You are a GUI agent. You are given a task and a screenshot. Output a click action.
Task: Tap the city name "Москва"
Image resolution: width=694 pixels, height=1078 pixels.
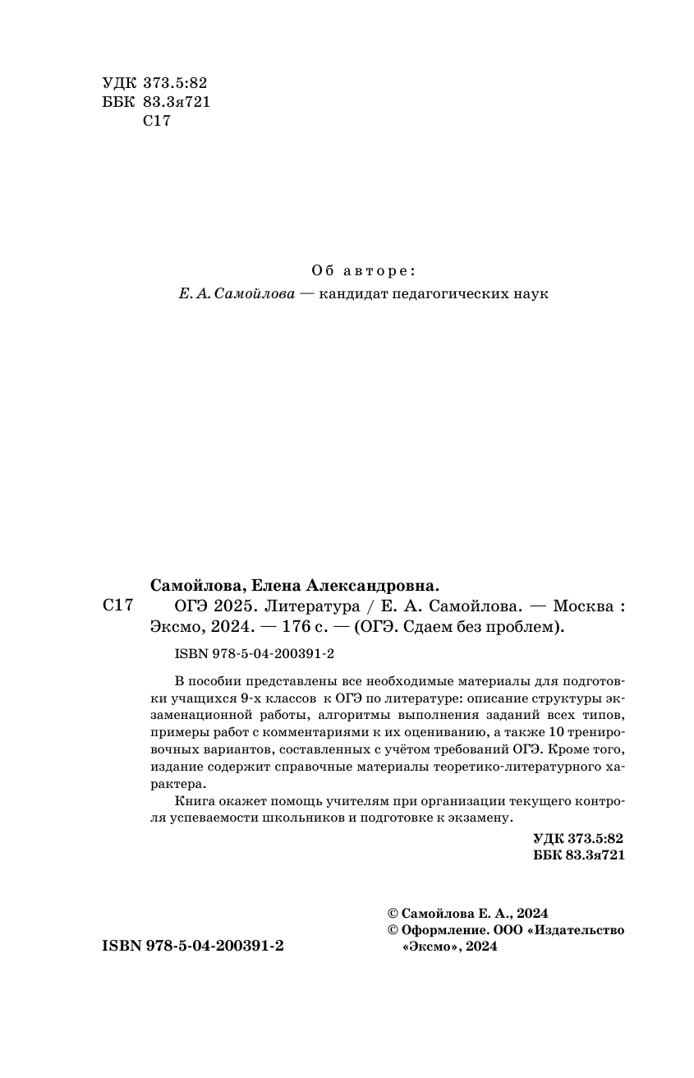(583, 606)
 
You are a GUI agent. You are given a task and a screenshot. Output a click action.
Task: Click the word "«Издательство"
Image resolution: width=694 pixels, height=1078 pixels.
(578, 930)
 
